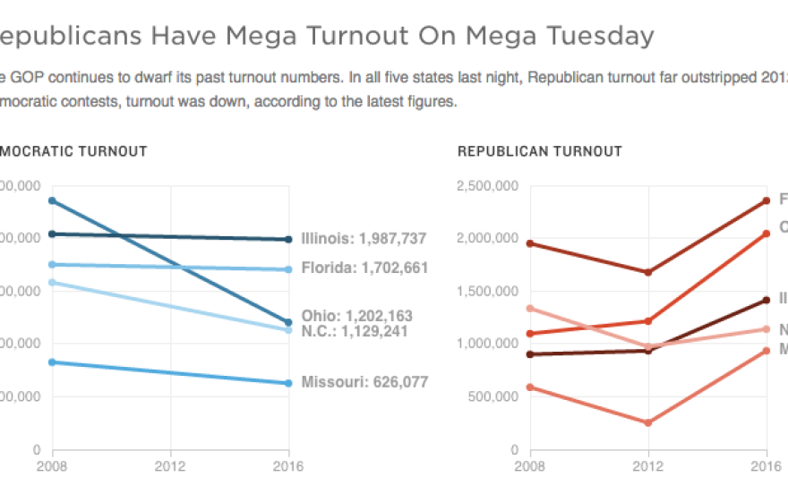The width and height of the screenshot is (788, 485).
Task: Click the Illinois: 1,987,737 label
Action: (x=364, y=239)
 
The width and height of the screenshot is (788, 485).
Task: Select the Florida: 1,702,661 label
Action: (x=364, y=268)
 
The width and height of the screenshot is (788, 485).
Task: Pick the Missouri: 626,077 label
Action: (x=364, y=382)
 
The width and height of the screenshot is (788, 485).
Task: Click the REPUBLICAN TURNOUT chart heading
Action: (x=539, y=151)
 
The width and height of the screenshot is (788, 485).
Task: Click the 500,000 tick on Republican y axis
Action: (x=492, y=396)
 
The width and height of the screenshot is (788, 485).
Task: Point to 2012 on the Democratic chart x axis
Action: (x=170, y=465)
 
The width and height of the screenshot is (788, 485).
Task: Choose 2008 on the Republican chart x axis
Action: (x=530, y=465)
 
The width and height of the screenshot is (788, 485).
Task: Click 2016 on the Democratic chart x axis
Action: (x=288, y=465)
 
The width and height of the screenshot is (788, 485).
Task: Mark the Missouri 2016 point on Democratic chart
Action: (x=288, y=383)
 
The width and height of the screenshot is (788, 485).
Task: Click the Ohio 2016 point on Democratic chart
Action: (x=288, y=322)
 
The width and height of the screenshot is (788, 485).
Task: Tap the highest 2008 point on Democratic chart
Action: (x=53, y=200)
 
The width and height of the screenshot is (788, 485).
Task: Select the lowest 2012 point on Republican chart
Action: (x=648, y=422)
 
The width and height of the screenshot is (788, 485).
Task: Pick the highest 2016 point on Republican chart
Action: (x=767, y=200)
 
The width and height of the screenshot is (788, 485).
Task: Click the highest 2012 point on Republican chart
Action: (x=648, y=272)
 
